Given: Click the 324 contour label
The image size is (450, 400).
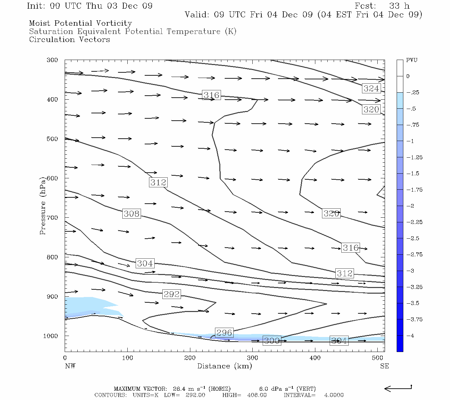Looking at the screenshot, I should tap(371, 88).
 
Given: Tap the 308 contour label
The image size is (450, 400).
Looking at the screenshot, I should tap(131, 213).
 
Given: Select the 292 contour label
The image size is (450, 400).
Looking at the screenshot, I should tap(171, 294).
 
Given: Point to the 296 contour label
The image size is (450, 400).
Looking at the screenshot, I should tap(224, 333).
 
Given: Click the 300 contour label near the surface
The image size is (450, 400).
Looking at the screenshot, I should tap(272, 341).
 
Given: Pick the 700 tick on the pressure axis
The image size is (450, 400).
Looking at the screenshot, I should tap(52, 218).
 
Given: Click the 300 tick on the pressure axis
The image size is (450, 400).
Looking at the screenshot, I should tap(52, 60).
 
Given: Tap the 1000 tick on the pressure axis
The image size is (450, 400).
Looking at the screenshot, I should tap(51, 336).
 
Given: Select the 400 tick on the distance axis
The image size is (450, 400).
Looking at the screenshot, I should tap(315, 358).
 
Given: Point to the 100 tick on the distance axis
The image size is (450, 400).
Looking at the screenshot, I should tap(127, 358).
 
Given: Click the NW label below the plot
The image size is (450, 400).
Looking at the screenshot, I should tap(70, 366).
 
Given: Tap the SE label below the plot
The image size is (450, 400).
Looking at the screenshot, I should tap(384, 366).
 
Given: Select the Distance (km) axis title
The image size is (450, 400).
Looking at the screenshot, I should tap(224, 366).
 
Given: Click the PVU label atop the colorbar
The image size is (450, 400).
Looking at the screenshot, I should tap(412, 60).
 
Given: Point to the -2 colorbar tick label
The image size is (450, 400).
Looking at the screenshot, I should tap(410, 206).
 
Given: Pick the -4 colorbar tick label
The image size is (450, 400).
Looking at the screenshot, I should tap(410, 336).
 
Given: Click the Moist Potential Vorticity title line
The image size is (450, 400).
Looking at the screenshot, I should tap(80, 23).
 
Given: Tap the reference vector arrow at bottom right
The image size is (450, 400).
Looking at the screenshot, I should tap(398, 388).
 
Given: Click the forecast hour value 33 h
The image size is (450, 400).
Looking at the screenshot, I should tap(399, 6).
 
